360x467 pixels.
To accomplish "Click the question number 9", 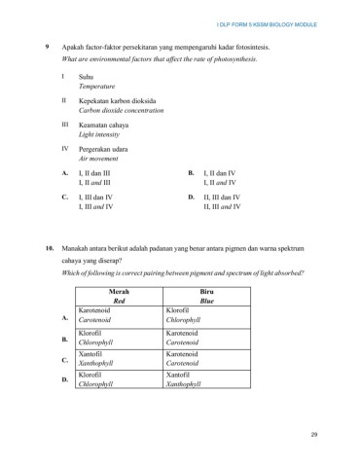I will coord(49,47).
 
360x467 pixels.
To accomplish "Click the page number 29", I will coord(314,433).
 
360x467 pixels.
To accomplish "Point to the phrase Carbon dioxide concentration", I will coord(122,112).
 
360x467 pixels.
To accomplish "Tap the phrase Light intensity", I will coord(99,136).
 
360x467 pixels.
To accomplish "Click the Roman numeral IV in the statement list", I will coord(65,149).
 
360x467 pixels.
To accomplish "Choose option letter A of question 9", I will coord(64,172).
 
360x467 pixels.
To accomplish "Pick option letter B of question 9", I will coord(191,172).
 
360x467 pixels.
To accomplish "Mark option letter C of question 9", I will coord(64,197).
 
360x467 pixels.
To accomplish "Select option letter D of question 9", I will coord(191,197).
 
